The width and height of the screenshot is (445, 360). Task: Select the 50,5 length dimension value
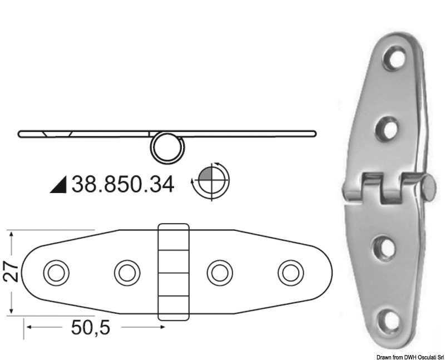point(90,327)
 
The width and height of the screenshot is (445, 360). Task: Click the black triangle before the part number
point(58,184)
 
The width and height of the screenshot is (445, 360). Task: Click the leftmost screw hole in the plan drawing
point(56,273)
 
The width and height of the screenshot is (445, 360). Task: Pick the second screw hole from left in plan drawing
point(127,273)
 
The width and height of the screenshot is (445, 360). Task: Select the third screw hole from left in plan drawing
point(220,273)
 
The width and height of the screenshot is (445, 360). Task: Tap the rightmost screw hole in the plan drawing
point(290,273)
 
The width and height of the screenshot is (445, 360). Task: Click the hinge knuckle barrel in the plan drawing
point(174,272)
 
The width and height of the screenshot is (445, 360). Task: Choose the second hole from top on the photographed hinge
point(388,130)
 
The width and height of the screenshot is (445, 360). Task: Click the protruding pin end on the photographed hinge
point(429,188)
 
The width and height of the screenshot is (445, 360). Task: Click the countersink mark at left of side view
point(56,134)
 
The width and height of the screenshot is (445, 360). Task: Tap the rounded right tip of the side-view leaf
point(314,134)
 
